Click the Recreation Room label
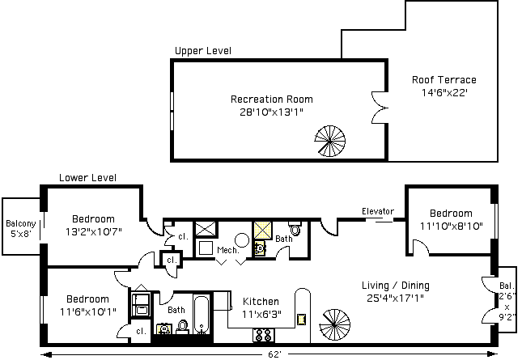[x=271, y=100]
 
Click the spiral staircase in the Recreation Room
[x=329, y=141]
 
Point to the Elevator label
[x=377, y=212]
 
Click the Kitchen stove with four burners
[x=264, y=334]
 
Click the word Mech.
[x=227, y=251]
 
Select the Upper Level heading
[x=203, y=51]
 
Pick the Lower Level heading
[x=87, y=178]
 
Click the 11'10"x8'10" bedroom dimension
[x=452, y=226]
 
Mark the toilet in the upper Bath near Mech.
[x=295, y=231]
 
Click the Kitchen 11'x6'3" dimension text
[x=261, y=314]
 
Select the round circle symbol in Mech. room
[x=242, y=239]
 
